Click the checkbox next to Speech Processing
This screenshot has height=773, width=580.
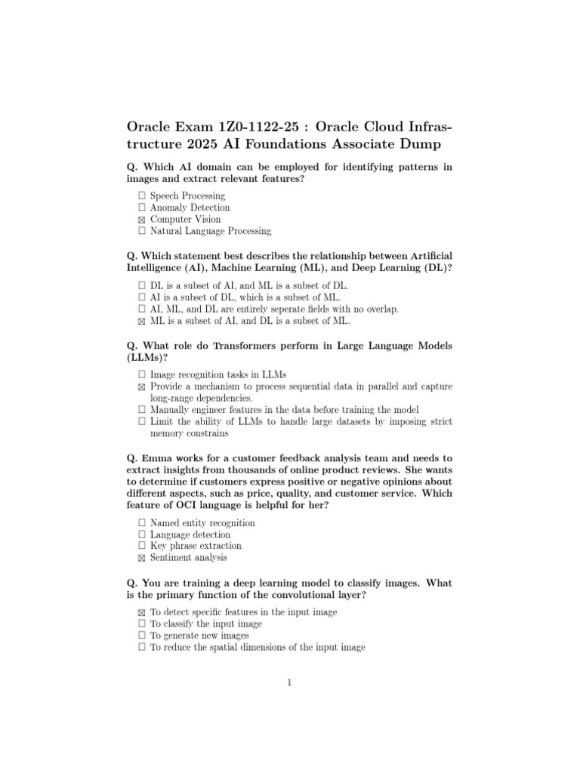point(141,196)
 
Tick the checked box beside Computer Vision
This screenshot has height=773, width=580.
point(141,220)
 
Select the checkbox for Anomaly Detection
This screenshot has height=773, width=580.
point(141,208)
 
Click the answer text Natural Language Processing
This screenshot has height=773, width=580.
point(210,231)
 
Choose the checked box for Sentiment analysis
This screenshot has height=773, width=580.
point(141,558)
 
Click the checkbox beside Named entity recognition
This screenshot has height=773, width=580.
point(141,522)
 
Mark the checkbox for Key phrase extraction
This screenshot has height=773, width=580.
point(141,546)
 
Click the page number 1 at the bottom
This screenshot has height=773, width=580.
point(289,683)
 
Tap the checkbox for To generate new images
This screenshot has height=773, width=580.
point(141,636)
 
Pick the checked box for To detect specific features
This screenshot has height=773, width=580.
point(141,612)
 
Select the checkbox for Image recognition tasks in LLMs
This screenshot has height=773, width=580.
point(141,374)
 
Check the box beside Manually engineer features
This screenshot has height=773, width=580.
point(141,410)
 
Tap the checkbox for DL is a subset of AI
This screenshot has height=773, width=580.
point(141,285)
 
